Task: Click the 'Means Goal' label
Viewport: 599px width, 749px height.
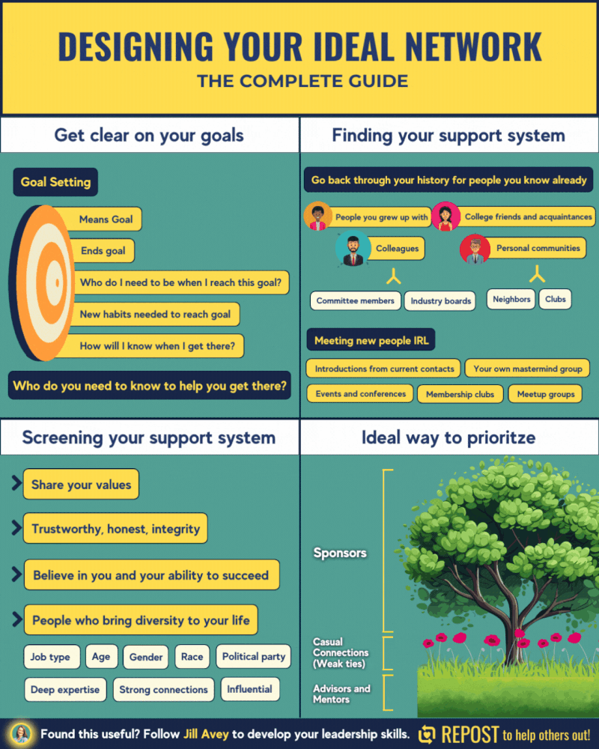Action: (x=106, y=219)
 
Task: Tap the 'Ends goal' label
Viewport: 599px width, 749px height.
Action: (x=103, y=251)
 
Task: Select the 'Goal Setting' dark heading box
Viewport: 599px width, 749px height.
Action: (x=55, y=182)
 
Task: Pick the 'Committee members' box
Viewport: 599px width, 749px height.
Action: (x=355, y=300)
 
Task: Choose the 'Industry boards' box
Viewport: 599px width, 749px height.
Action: (x=440, y=301)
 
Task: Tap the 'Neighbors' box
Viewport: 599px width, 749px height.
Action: (x=511, y=299)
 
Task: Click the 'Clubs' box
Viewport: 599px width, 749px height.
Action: (x=555, y=299)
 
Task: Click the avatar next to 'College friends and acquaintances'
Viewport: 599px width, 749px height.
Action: (x=446, y=217)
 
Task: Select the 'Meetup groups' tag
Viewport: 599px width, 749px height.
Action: (x=545, y=393)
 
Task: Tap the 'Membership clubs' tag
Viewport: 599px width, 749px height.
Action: (x=460, y=394)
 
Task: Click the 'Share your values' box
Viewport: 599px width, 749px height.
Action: (x=81, y=485)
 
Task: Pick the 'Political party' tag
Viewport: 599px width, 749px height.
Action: (x=254, y=657)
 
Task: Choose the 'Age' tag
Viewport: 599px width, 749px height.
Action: (x=101, y=657)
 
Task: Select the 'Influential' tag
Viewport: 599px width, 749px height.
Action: (x=250, y=689)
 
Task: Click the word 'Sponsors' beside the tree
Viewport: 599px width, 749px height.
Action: (x=339, y=553)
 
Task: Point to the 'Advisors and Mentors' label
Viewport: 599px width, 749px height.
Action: (x=341, y=694)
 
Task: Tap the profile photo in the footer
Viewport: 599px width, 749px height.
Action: (x=21, y=734)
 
